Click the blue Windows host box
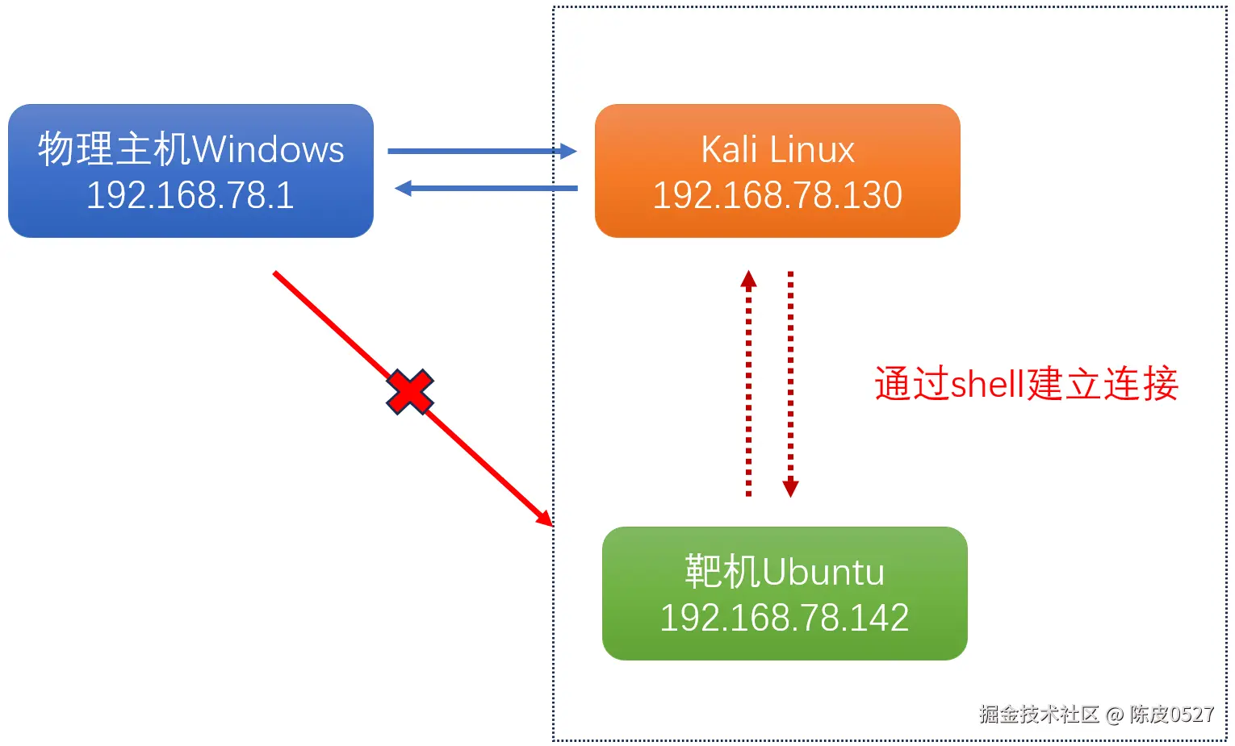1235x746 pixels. click(190, 170)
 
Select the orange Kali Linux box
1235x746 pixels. click(777, 170)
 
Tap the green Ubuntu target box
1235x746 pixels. click(784, 593)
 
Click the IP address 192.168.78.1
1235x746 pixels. click(190, 195)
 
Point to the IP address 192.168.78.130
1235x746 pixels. click(777, 195)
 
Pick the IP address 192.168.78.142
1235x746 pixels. click(784, 618)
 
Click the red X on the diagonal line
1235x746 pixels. click(410, 392)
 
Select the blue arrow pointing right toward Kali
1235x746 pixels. click(482, 151)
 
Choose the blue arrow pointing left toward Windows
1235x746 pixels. click(486, 189)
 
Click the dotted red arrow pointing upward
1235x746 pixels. click(748, 383)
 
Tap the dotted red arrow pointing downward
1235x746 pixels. click(790, 383)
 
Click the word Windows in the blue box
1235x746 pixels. click(268, 149)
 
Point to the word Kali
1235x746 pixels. click(728, 149)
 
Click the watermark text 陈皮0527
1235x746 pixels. click(1171, 714)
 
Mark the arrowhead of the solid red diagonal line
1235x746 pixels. click(546, 519)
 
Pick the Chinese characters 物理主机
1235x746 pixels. click(115, 149)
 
